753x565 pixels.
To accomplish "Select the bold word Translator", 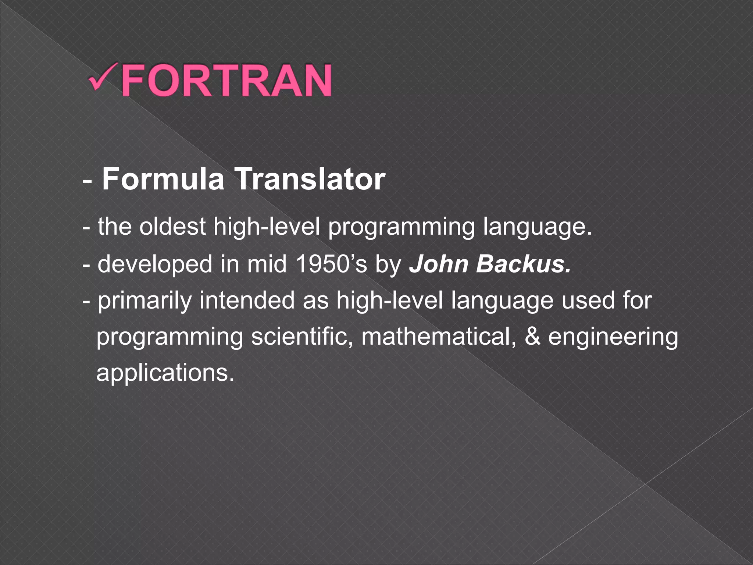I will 310,179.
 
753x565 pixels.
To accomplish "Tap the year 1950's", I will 331,264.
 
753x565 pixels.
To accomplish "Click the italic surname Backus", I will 524,264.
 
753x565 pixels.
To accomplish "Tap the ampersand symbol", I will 532,337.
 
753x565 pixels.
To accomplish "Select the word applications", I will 165,373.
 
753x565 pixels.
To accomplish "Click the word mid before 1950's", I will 267,264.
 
